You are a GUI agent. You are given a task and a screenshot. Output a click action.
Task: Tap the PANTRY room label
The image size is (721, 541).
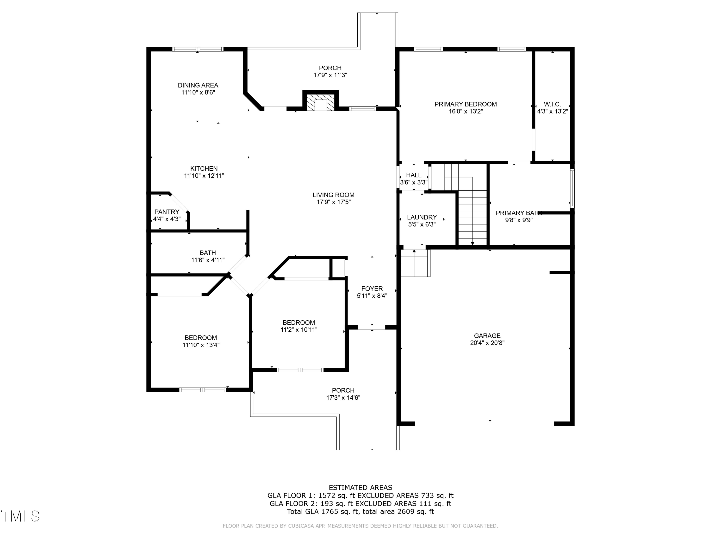[x=167, y=212]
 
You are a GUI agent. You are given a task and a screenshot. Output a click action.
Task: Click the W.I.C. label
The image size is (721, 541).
[x=553, y=104]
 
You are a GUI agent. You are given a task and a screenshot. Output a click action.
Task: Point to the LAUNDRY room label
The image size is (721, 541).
[x=422, y=217]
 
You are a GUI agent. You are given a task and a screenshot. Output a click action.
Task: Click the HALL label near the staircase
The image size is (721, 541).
[x=414, y=175]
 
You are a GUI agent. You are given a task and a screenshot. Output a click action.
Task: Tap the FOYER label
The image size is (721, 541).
[x=372, y=289]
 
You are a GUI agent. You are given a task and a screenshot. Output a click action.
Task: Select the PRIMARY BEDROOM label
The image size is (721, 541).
[x=466, y=104]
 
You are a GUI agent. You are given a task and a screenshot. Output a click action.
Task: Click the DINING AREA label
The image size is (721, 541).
[x=198, y=85]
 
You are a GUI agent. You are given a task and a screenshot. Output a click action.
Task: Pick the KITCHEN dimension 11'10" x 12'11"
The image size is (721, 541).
[x=204, y=176]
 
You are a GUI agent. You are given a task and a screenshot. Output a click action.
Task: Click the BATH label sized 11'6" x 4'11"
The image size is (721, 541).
[x=208, y=253]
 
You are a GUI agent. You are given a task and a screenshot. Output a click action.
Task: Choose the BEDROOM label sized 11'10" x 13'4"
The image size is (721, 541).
[x=201, y=338]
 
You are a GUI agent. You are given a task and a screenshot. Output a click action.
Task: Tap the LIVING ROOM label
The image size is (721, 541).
[x=333, y=195]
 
